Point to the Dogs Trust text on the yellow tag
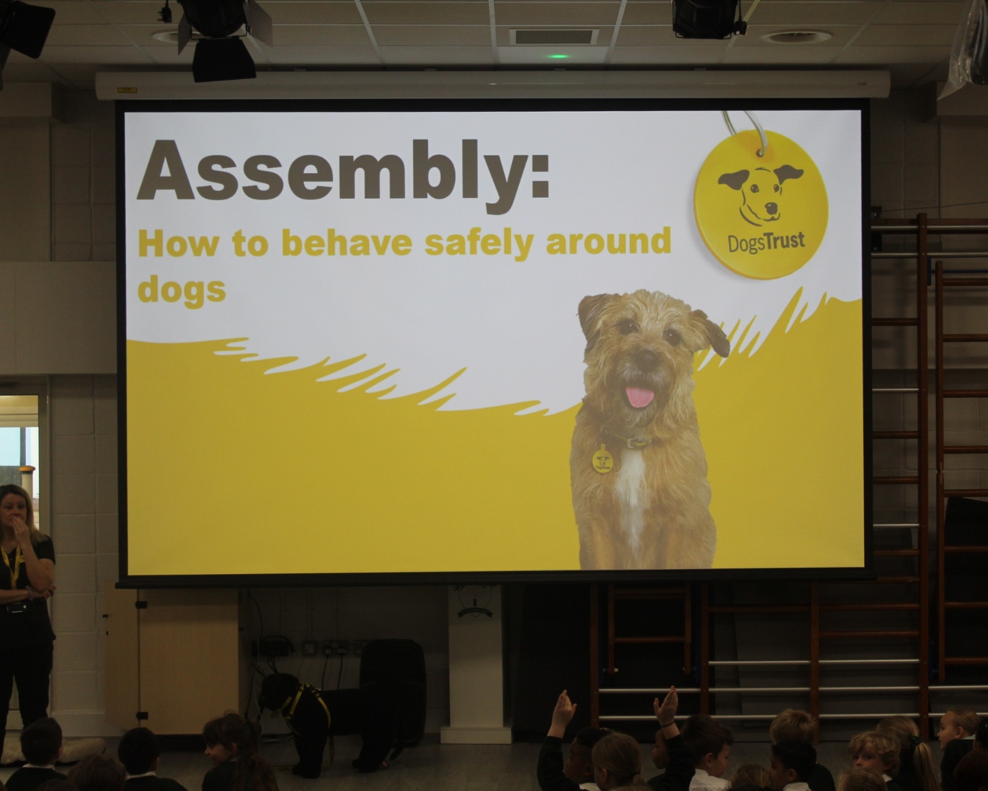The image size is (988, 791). point(766,243)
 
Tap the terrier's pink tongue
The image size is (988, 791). point(640,396)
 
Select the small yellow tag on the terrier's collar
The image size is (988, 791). point(602,459)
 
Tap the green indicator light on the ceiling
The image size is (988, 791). point(558,56)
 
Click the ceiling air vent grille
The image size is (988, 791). point(554,37)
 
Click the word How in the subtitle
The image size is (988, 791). point(178,243)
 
